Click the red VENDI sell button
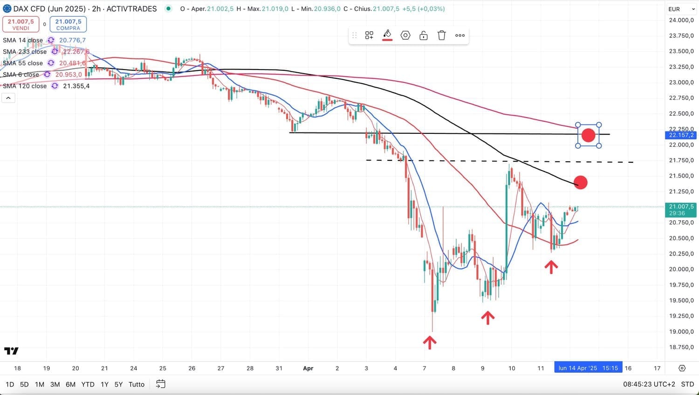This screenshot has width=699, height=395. [21, 24]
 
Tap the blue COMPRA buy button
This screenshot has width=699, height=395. [68, 24]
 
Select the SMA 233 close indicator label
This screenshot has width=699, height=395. [25, 52]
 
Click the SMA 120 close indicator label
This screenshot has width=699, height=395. [25, 86]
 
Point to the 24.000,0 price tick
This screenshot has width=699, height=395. [681, 20]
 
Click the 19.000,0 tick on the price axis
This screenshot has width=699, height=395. [681, 332]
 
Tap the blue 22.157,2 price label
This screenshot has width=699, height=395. [681, 135]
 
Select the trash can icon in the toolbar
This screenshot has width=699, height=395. [441, 35]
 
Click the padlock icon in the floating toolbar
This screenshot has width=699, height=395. [424, 35]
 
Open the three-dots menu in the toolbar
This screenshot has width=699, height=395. [460, 35]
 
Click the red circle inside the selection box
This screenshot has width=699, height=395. [589, 135]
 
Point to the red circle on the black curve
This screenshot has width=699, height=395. [581, 182]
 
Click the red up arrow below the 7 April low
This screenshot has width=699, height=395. [430, 342]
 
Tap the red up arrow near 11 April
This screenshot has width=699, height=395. [551, 267]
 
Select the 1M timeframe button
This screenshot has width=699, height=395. [40, 384]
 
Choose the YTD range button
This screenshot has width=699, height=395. [88, 384]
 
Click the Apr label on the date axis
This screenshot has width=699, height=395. [308, 368]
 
